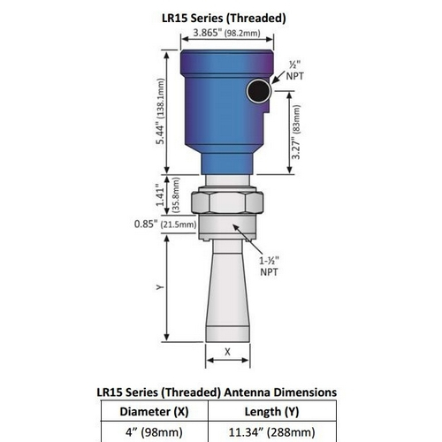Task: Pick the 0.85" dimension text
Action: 146,225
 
